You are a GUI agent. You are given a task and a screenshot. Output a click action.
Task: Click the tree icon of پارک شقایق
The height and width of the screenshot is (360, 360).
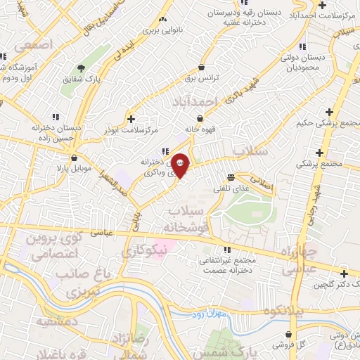pos(82,69)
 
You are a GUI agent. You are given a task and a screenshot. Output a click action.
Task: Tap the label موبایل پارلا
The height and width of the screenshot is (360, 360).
pos(74,169)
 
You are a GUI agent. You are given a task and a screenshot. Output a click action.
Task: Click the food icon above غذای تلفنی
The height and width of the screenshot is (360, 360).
pos(231,178)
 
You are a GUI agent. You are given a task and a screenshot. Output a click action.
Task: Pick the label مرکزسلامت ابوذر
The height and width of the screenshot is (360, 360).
pos(131,131)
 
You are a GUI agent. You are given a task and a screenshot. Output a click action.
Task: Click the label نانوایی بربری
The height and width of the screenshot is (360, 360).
pos(163,32)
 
